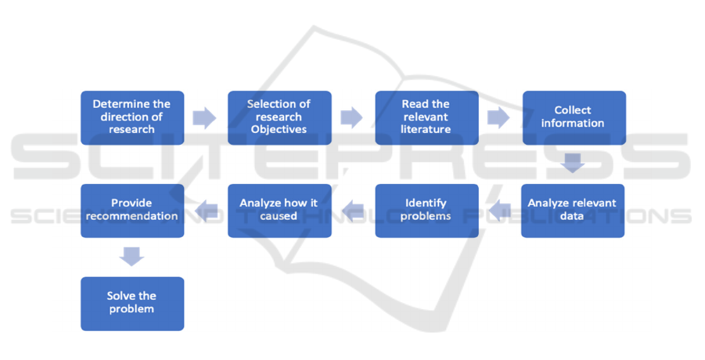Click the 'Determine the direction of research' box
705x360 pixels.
pyautogui.click(x=132, y=117)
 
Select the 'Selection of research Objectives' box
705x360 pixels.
pyautogui.click(x=279, y=117)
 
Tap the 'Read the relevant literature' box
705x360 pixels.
pyautogui.click(x=426, y=117)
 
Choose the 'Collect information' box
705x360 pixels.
pyautogui.click(x=574, y=117)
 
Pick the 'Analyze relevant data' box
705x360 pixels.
pyautogui.click(x=573, y=210)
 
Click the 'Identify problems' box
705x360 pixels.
pyautogui.click(x=426, y=210)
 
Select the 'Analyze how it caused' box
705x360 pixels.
pyautogui.click(x=279, y=210)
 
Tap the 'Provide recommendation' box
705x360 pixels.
pyautogui.click(x=132, y=210)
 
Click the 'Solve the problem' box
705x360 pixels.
pyautogui.click(x=132, y=303)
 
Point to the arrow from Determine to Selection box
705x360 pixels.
pyautogui.click(x=205, y=118)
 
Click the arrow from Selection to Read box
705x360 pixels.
pyautogui.click(x=352, y=118)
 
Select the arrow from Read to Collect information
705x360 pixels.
pyautogui.click(x=499, y=118)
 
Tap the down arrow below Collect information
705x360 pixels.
pyautogui.click(x=573, y=163)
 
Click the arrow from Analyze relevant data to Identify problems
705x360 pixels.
pyautogui.click(x=500, y=209)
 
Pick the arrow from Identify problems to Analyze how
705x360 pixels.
pyautogui.click(x=352, y=209)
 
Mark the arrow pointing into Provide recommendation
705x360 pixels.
pyautogui.click(x=206, y=209)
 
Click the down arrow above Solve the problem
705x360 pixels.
pyautogui.click(x=132, y=256)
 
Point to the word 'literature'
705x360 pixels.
pyautogui.click(x=426, y=129)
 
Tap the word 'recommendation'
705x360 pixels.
pyautogui.click(x=132, y=216)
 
